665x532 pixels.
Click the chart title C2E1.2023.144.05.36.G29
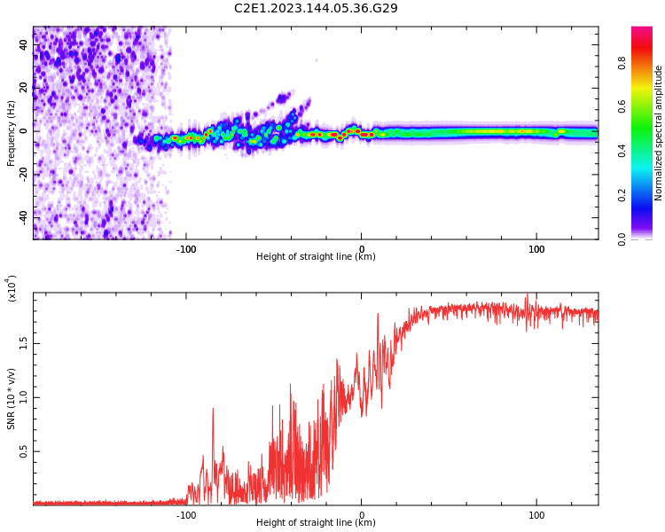(316, 8)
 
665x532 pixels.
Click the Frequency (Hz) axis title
(12, 133)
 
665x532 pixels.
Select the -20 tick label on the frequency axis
(22, 174)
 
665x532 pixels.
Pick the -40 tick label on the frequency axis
(22, 216)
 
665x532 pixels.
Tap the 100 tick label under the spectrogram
(536, 249)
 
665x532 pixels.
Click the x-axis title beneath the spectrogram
(316, 257)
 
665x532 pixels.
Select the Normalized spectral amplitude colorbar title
(659, 133)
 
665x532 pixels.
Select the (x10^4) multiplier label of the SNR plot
(12, 288)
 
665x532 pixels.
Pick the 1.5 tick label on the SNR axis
(24, 343)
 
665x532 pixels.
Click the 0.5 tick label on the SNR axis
(24, 451)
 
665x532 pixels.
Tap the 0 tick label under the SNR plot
(361, 515)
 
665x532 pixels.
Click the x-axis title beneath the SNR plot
(316, 523)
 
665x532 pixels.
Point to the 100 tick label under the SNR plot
(536, 515)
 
